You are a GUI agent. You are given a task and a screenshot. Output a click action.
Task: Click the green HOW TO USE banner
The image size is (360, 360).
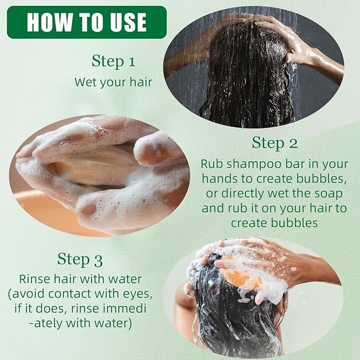tap(87, 22)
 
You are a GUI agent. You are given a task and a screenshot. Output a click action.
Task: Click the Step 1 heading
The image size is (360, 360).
tap(113, 62)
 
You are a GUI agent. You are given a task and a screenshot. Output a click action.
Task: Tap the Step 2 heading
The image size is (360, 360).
tap(275, 143)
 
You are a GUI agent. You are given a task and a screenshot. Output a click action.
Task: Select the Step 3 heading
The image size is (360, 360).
tap(80, 259)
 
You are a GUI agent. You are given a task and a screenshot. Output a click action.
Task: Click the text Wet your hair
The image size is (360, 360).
tap(113, 82)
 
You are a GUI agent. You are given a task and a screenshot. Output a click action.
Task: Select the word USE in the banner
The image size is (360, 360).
tap(128, 22)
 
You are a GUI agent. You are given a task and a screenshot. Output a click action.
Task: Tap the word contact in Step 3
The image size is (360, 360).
tap(70, 294)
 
